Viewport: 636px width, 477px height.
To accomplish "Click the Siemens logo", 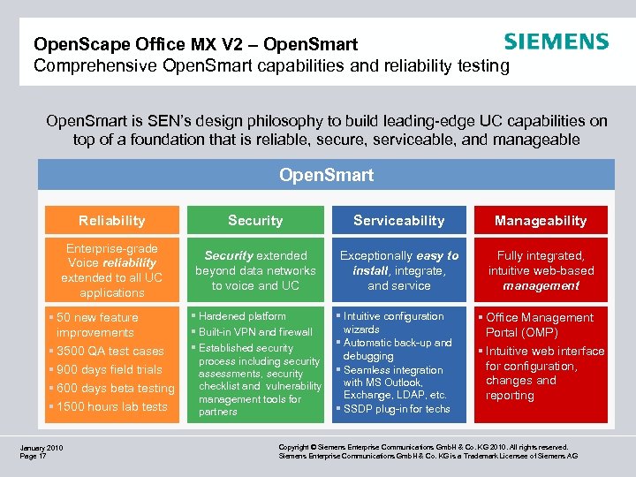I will coord(556,42).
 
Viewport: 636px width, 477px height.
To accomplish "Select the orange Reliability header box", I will coord(111,221).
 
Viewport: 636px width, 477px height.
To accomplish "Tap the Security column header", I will coord(255,221).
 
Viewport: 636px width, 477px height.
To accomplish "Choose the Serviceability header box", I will coord(399,221).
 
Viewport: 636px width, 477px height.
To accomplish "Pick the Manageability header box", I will coord(541,221).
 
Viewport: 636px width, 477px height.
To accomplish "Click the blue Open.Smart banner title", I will coord(326,175).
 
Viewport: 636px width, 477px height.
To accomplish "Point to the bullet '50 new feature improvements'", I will coord(97,325).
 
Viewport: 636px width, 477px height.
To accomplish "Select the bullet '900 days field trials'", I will coord(109,370).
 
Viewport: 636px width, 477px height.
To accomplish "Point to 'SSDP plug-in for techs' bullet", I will coord(396,409).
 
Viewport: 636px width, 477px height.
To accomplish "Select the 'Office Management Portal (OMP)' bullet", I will coord(539,325).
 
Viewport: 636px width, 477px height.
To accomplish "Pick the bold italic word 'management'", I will coord(541,286).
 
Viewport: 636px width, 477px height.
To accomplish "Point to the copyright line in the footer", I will coord(423,448).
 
